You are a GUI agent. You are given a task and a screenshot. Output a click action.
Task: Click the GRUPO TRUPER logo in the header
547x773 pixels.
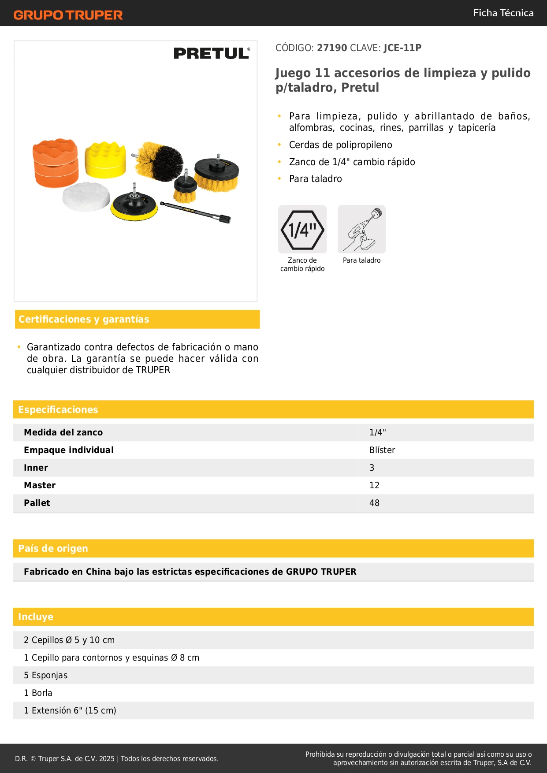click(68, 15)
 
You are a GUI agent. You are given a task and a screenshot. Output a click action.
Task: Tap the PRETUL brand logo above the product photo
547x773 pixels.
click(212, 53)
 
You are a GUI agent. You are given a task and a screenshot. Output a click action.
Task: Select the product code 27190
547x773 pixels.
click(332, 48)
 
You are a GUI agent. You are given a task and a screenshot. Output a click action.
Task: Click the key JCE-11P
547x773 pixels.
click(402, 48)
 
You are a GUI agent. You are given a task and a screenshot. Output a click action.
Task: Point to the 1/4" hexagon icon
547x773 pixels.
click(302, 229)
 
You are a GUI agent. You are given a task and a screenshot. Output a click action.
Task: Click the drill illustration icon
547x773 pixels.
click(362, 229)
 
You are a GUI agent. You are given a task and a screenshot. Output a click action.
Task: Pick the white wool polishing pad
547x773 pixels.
click(86, 197)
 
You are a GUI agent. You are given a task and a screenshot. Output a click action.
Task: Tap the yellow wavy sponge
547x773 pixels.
click(105, 160)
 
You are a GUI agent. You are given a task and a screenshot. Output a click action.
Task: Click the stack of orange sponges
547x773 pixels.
click(56, 163)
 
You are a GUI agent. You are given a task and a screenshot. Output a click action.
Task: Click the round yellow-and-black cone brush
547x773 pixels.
click(159, 161)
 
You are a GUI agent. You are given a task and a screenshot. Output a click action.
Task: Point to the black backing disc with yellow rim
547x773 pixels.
click(134, 205)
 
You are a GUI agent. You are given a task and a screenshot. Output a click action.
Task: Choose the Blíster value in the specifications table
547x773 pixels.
click(382, 450)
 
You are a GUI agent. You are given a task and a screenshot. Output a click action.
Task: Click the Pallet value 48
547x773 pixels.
click(374, 503)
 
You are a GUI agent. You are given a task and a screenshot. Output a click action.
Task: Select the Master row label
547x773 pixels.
click(40, 485)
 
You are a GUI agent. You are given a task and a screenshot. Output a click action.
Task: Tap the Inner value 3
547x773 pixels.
click(372, 468)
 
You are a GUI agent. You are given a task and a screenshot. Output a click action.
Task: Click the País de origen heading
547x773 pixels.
click(53, 548)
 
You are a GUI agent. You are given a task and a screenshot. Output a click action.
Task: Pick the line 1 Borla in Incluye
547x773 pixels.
click(38, 693)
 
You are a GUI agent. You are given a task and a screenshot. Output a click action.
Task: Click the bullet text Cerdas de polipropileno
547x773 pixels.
click(340, 145)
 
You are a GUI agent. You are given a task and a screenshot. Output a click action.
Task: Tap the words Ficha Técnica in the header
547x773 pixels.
click(503, 13)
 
